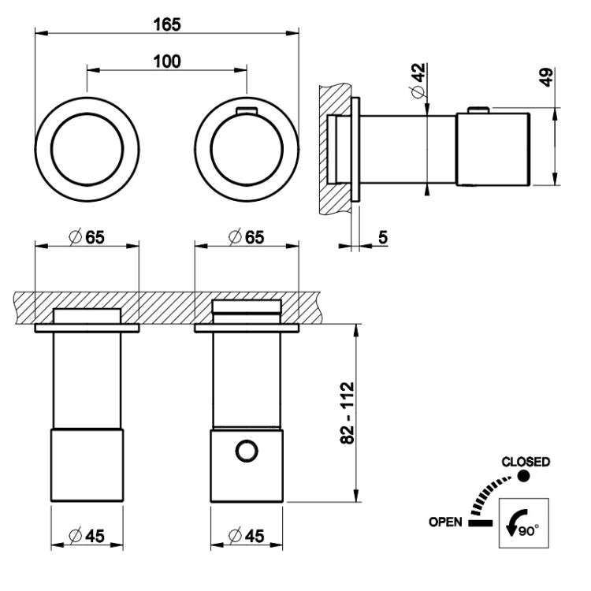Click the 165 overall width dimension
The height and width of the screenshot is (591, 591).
[167, 24]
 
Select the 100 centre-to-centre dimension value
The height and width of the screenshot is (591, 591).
[167, 61]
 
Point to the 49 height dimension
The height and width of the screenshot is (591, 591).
[549, 76]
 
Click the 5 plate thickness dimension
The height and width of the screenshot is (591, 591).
[381, 236]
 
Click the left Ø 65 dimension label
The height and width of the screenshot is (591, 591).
[87, 236]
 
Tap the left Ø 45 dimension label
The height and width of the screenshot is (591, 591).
[87, 536]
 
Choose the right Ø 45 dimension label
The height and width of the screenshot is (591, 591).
[246, 536]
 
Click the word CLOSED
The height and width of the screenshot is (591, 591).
[526, 462]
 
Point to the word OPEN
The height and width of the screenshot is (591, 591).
[445, 522]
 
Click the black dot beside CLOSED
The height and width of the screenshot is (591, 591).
[523, 476]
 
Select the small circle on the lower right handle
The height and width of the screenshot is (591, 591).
[247, 451]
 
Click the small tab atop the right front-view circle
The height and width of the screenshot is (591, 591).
[246, 110]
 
